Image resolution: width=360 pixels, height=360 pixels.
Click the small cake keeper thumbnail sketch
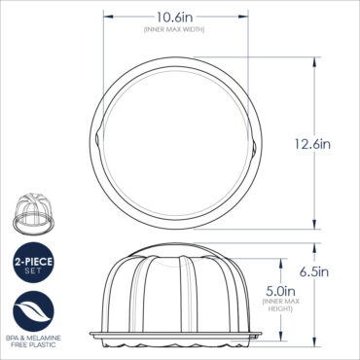pos(30,213)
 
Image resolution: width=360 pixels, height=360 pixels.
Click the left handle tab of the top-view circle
pos(91,144)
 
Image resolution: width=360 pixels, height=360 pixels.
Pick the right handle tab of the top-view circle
pos(256,144)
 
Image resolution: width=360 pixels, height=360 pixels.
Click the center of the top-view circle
pos(174,142)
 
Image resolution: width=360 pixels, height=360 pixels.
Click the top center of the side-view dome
pos(174,249)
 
